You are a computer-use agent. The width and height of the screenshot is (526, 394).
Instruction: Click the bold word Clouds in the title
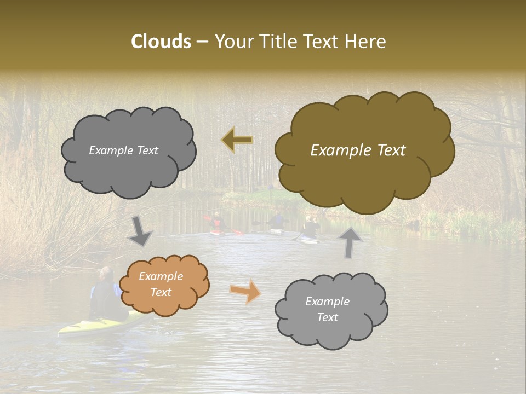point(161,42)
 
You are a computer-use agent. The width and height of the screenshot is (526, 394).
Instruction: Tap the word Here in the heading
point(367,42)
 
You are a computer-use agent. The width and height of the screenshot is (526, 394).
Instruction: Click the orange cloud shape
point(164,285)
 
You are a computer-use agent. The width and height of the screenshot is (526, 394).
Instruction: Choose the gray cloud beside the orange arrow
point(331,310)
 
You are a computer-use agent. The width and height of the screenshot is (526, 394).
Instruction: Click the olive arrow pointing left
point(237,140)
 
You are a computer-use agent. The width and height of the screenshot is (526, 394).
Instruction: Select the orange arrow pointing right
point(245,291)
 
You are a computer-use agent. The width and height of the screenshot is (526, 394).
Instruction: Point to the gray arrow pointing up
point(350,242)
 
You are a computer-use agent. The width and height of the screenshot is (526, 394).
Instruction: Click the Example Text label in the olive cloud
point(358,150)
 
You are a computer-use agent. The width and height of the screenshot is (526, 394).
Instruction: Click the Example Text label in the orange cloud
point(161,285)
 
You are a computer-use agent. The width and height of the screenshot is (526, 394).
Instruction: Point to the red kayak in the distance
point(218,233)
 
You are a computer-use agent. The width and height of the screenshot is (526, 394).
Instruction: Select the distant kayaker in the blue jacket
point(278,221)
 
